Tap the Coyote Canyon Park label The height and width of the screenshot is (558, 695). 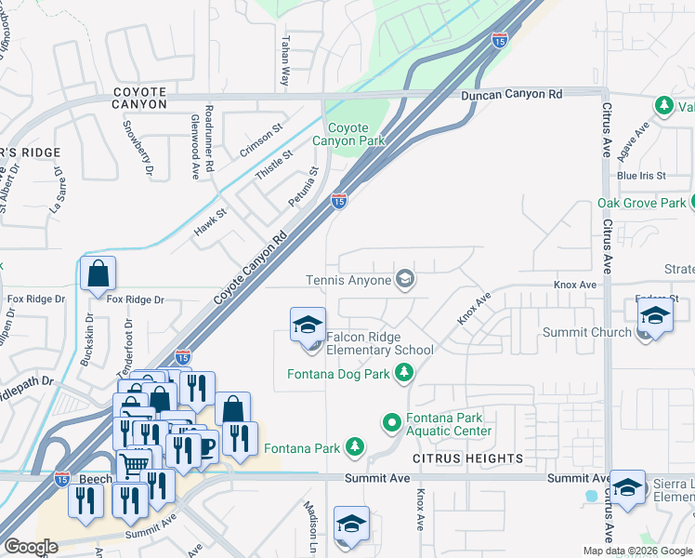[361, 134]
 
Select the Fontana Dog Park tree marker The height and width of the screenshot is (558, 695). [404, 373]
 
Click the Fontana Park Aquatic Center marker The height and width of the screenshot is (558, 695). [392, 423]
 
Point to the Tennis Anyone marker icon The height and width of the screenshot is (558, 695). [405, 279]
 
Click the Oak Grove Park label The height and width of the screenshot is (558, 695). [641, 203]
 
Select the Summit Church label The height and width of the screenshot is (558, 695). [598, 332]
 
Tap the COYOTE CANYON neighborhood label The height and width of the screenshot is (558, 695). [139, 98]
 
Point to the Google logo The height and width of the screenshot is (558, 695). [31, 547]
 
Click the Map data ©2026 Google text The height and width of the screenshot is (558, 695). [637, 551]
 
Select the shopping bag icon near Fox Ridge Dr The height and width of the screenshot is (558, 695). [98, 274]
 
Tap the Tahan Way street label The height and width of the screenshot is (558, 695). [284, 63]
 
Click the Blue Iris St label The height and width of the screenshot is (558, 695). [641, 176]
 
